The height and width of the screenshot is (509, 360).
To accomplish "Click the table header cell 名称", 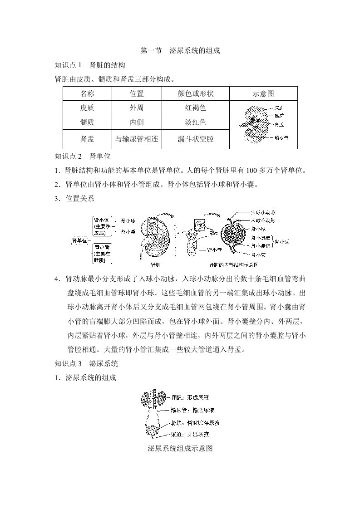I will (x=87, y=93).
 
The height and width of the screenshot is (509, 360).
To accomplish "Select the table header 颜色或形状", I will (x=195, y=93).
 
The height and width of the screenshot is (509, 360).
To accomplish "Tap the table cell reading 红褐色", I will (x=195, y=108).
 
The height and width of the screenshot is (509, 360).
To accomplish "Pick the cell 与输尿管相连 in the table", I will (x=137, y=139).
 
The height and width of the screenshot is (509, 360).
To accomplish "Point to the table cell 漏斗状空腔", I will (x=195, y=139).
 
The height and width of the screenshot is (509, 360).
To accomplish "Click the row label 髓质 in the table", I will (x=87, y=122).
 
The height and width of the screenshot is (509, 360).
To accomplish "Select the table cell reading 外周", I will (x=137, y=108).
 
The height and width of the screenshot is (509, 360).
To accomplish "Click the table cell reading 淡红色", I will (x=195, y=122).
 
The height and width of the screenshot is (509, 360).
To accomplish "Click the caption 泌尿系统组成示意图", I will (x=180, y=449).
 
